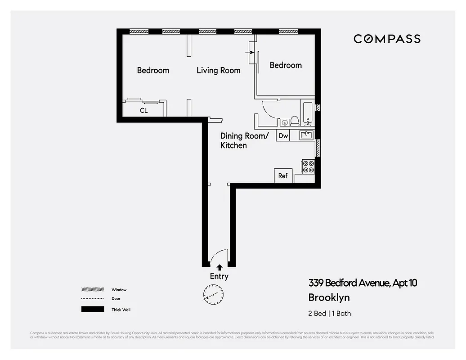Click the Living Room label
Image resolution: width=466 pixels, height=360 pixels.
click(x=219, y=71)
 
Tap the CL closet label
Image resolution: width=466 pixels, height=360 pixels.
click(x=143, y=110)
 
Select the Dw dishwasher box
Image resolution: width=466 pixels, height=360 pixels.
click(x=283, y=135)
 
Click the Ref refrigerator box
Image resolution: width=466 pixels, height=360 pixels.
click(x=283, y=175)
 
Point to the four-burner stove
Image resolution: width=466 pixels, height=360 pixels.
click(x=308, y=166)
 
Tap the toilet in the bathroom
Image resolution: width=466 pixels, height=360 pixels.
click(x=295, y=121)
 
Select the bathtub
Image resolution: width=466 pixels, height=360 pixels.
click(x=308, y=112)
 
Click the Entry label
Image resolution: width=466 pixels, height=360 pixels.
click(x=219, y=276)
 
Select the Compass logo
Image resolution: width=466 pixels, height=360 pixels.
click(x=387, y=39)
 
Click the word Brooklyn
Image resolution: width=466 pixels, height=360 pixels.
click(x=329, y=297)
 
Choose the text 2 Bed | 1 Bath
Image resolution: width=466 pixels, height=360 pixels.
click(x=329, y=313)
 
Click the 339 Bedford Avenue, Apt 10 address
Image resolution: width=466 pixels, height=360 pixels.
click(x=363, y=283)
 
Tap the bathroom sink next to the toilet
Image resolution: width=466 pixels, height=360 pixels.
click(x=284, y=121)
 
